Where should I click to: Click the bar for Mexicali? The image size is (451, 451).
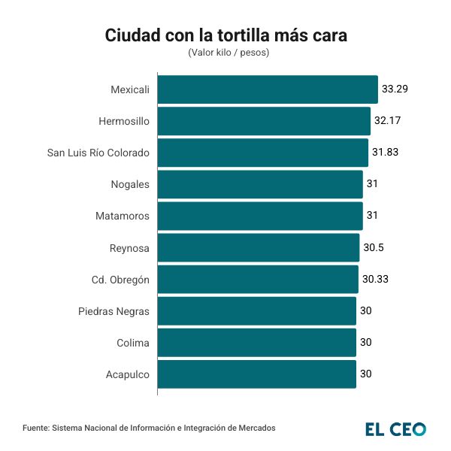coord(267,89)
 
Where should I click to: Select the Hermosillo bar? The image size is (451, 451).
coord(264,121)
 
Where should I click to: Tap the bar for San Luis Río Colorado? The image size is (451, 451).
coord(262,153)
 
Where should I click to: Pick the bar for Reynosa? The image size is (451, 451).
coord(258,247)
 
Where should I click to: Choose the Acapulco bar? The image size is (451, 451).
coord(256,374)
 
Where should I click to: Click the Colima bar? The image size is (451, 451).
coord(256,343)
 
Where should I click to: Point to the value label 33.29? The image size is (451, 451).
coord(395,89)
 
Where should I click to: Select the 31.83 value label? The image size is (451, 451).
coord(385,153)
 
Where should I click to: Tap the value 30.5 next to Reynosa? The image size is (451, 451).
coord(374,247)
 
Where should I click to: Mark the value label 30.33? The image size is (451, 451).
coord(375,280)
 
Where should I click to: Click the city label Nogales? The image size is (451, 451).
coord(130,184)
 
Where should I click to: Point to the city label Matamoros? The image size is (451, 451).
coord(123,216)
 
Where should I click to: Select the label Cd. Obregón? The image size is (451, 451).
coord(120,280)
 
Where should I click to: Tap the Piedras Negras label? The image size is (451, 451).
coord(114,311)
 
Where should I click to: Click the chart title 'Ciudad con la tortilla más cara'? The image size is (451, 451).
coord(225,35)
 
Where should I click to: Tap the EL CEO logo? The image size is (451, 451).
coord(395,429)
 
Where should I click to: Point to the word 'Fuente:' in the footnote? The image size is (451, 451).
coord(35,428)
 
